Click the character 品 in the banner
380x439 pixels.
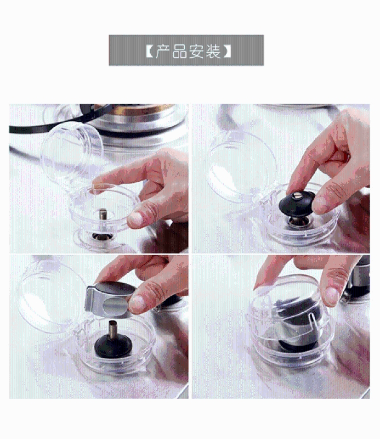(179, 51)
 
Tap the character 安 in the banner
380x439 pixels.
(196, 51)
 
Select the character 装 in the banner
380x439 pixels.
(213, 51)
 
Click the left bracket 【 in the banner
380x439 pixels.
(150, 51)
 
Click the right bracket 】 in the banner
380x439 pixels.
(227, 51)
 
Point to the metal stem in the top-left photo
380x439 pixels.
(103, 214)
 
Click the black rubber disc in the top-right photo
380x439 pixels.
(297, 204)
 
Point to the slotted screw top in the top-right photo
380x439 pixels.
(298, 196)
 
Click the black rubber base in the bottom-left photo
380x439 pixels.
(113, 346)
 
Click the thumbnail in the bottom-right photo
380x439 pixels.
(333, 297)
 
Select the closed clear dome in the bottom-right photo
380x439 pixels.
(291, 319)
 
